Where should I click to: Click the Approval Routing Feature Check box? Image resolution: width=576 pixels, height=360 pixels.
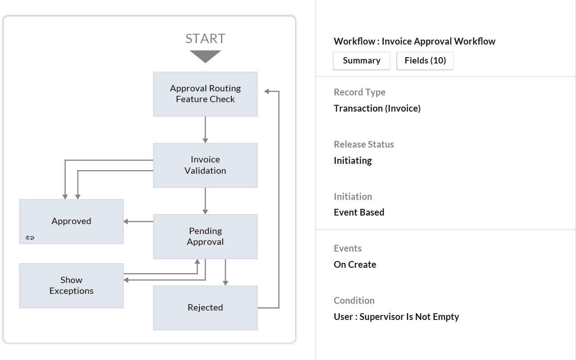click(x=205, y=94)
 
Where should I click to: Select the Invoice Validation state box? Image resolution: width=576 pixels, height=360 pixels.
click(x=205, y=165)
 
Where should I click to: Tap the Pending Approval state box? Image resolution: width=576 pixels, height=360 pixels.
click(x=205, y=236)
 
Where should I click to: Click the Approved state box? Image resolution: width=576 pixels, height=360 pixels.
click(x=71, y=221)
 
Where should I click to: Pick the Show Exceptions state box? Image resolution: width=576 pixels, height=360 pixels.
click(x=71, y=285)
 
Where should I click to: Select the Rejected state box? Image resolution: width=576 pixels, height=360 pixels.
click(x=205, y=307)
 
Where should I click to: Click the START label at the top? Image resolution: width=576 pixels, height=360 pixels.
click(x=205, y=39)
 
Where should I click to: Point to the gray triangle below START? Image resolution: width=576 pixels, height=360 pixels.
click(x=205, y=56)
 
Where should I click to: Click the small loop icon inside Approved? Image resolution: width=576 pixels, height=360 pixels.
click(x=30, y=238)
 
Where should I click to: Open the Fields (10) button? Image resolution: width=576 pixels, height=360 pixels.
click(x=425, y=61)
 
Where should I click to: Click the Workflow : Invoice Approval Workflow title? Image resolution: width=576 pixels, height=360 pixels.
click(x=414, y=41)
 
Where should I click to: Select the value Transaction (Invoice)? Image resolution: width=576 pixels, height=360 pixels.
click(x=377, y=108)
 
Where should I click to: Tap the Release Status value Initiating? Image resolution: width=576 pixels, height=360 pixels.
click(x=353, y=161)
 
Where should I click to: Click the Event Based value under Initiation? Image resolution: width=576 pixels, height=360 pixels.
click(x=359, y=212)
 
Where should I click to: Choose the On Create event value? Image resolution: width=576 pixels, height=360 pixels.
click(x=355, y=265)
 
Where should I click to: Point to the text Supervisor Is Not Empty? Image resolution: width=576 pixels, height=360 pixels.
click(x=409, y=317)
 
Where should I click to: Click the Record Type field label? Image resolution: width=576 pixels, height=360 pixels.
click(x=360, y=92)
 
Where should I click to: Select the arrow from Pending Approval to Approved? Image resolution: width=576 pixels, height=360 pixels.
click(x=138, y=221)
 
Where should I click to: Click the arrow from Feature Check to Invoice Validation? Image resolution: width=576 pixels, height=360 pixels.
click(x=205, y=130)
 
